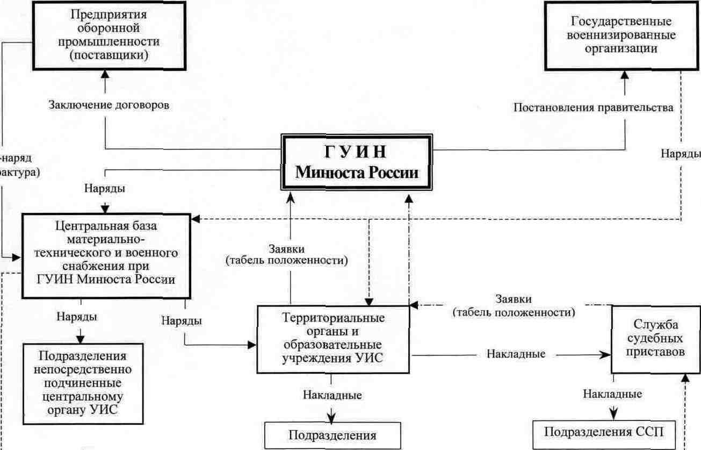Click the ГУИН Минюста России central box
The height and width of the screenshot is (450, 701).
357,162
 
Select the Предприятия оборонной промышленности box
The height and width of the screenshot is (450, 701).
104,35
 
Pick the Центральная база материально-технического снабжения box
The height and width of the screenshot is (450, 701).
106,256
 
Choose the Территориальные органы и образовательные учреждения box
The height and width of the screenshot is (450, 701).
333,339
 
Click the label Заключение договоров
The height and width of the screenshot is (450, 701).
109,105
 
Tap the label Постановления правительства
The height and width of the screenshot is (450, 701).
593,107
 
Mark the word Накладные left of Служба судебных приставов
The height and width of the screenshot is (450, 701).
516,354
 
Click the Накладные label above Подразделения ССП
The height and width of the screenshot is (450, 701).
612,394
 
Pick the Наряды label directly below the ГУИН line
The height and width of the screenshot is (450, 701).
105,189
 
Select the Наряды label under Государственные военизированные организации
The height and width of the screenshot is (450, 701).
680,154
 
